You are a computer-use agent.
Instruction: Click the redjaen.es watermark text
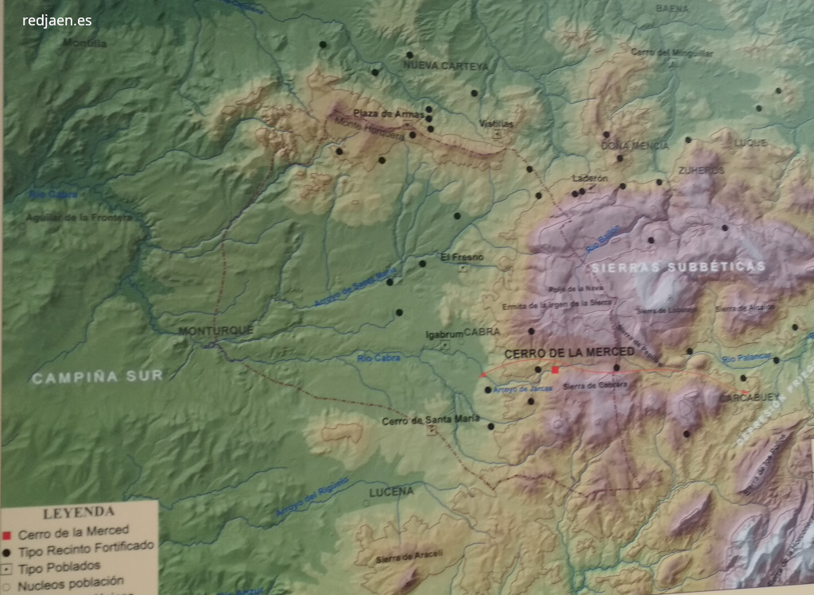click(x=57, y=21)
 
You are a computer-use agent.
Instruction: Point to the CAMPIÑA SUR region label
click(x=97, y=377)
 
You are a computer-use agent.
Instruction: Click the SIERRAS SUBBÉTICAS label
click(x=678, y=268)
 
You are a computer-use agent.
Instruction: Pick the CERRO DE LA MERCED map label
click(x=569, y=352)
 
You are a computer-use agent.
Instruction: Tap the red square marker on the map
click(x=555, y=369)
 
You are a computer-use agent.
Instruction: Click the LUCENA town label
click(x=391, y=492)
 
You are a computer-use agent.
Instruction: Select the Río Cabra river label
click(x=377, y=359)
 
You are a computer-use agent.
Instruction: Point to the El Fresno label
click(x=462, y=257)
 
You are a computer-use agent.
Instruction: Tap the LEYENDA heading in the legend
click(x=78, y=512)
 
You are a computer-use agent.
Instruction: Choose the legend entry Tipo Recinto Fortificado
click(x=86, y=548)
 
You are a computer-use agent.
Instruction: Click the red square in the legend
click(x=6, y=533)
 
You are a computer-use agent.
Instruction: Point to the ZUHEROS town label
click(x=701, y=170)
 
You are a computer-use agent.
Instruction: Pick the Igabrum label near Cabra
click(x=444, y=334)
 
